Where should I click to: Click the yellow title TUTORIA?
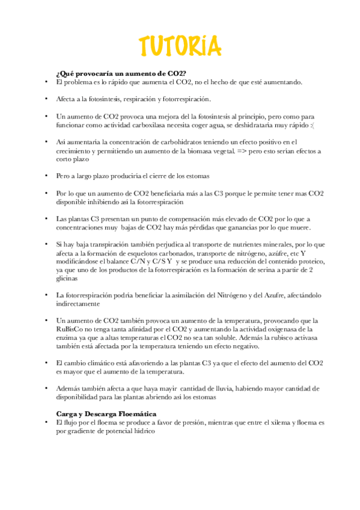click(x=180, y=46)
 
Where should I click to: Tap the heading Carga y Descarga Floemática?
click(x=106, y=414)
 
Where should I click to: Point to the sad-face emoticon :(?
click(x=311, y=124)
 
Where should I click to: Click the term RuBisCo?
click(x=70, y=329)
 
